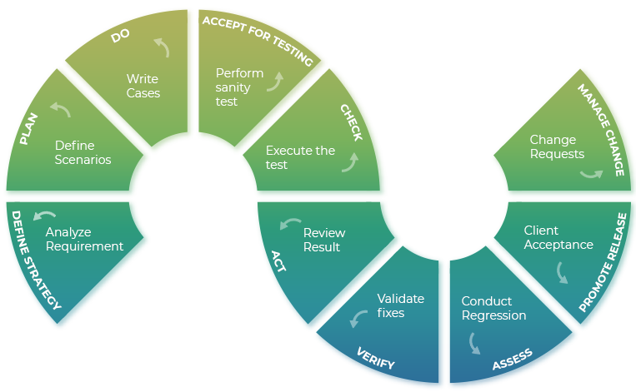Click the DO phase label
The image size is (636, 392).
[120, 37]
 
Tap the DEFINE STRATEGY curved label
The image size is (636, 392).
[34, 261]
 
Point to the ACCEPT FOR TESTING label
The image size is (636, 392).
[258, 40]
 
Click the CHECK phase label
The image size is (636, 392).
[351, 122]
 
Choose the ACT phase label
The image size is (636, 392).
[278, 261]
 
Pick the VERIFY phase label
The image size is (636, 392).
[375, 358]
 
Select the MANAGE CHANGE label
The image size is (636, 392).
[601, 129]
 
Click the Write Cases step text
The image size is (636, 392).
[143, 86]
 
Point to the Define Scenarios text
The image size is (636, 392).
[83, 151]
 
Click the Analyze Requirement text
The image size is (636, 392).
[84, 239]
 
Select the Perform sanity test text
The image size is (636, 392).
[239, 87]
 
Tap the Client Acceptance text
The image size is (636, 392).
[558, 237]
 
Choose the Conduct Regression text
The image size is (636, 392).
[493, 308]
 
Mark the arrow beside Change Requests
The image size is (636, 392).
[591, 173]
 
